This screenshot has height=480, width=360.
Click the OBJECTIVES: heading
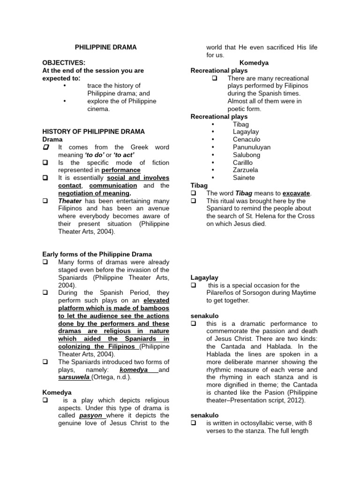[x=64, y=63]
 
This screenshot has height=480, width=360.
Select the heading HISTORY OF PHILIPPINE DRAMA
[x=94, y=132]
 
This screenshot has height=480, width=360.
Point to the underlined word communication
[x=110, y=186]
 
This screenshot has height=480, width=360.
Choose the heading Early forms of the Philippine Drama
[x=97, y=255]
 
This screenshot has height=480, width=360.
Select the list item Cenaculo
[x=246, y=140]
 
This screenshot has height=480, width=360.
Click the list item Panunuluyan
[x=251, y=147]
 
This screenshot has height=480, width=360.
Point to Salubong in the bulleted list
[x=247, y=155]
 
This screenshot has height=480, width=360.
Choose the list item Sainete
[x=244, y=178]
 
